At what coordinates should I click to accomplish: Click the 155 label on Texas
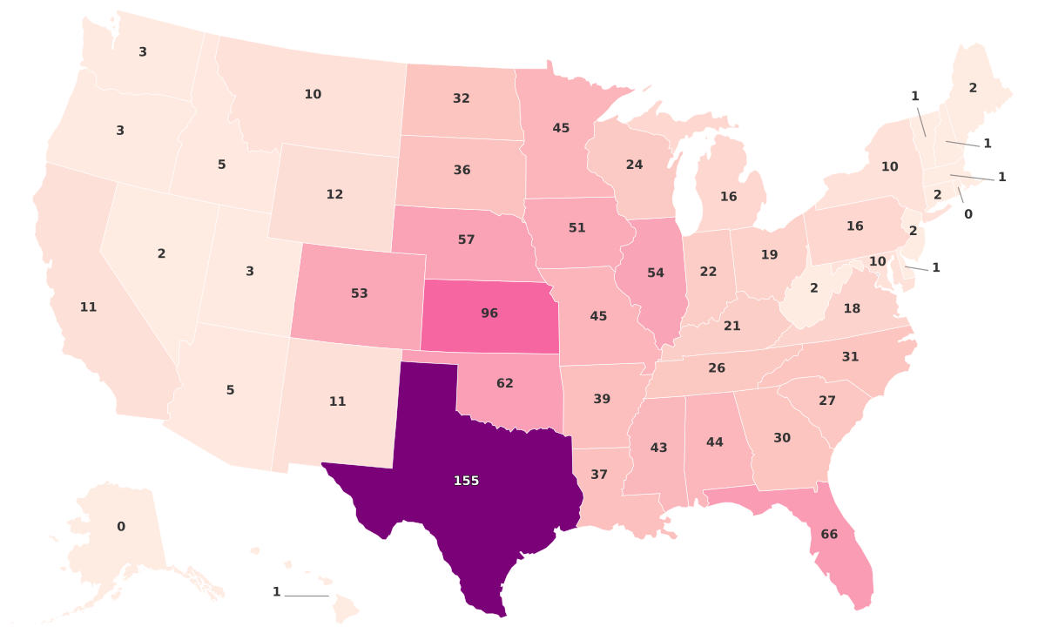466,481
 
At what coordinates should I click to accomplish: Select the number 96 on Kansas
489,313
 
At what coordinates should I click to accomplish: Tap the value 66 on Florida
829,534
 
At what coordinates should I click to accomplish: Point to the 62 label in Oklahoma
505,382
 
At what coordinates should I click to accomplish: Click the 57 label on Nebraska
466,239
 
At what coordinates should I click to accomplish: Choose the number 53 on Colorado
360,293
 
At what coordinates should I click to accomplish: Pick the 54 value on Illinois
656,273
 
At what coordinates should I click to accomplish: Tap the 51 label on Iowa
577,228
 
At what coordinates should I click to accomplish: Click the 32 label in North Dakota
462,98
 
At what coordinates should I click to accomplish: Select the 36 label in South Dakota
462,170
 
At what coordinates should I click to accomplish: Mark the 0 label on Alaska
121,527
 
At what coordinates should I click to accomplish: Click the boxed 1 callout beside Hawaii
277,592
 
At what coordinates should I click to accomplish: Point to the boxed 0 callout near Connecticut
968,213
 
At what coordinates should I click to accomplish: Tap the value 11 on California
88,307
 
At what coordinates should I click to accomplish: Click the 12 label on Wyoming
334,194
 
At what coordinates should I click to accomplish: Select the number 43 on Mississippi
658,448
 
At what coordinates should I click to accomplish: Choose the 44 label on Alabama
715,442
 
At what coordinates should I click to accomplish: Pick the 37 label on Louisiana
599,475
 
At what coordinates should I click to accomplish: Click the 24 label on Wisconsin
634,165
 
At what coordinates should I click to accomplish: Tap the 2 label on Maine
973,87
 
